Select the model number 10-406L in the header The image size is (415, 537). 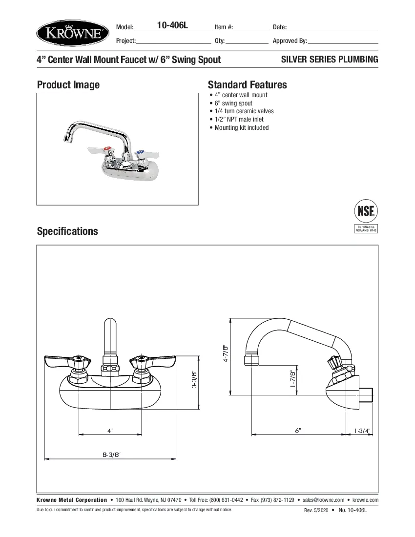tap(172, 26)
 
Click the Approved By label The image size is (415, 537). tap(290, 41)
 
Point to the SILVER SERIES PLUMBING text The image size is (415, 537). tap(330, 60)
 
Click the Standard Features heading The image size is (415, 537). tap(247, 85)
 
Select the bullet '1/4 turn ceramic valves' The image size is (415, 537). tap(244, 111)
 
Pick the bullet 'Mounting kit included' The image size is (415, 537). tap(242, 128)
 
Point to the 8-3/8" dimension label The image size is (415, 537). tap(111, 454)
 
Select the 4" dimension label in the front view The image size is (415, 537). tap(110, 431)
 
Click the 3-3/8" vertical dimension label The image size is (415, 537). tap(194, 379)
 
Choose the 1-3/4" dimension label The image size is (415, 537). tap(362, 431)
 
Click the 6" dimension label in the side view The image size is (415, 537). tap(298, 430)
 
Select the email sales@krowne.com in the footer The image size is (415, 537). tap(323, 500)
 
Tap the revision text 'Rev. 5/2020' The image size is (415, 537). tap(315, 511)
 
